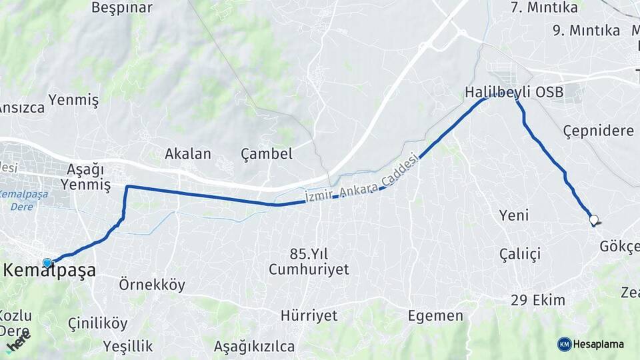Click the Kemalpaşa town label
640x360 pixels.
(x=51, y=271)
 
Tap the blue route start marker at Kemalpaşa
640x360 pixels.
(x=47, y=263)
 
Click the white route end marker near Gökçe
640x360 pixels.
(x=593, y=219)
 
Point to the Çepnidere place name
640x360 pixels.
(x=598, y=130)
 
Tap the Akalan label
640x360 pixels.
(x=188, y=154)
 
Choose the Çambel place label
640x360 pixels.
(x=267, y=154)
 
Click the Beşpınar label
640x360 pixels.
(x=121, y=8)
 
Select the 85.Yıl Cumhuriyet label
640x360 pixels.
(x=309, y=261)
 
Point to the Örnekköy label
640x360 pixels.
(x=152, y=285)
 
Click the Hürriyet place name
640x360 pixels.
(x=309, y=315)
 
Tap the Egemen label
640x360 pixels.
(x=435, y=316)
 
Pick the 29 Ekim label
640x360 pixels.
(x=538, y=300)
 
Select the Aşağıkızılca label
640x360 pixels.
(x=254, y=346)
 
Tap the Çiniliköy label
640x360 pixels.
(x=97, y=323)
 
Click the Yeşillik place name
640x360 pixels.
(x=128, y=346)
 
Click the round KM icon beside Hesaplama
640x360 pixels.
(x=564, y=344)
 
